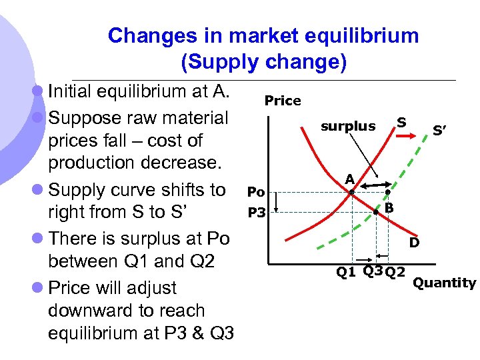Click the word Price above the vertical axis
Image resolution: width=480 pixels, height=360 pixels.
tap(283, 101)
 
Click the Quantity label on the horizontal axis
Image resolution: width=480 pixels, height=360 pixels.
tap(445, 283)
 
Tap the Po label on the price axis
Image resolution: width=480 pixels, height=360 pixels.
tap(257, 192)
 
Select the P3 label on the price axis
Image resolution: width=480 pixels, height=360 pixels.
tap(257, 213)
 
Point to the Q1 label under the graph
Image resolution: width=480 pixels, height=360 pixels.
tap(345, 272)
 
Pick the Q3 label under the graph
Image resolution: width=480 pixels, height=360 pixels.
tap(373, 270)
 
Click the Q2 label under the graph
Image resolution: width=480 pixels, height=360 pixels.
tap(395, 272)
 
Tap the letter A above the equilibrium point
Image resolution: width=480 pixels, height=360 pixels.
tap(349, 179)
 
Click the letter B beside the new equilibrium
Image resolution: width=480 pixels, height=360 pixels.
tap(389, 209)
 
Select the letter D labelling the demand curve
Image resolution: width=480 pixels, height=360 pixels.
tap(414, 243)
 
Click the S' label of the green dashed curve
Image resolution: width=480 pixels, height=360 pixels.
tap(439, 131)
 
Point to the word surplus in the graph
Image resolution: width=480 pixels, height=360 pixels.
tap(348, 126)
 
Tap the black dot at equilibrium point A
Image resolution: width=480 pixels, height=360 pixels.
tap(351, 192)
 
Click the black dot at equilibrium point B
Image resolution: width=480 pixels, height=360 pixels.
tap(377, 212)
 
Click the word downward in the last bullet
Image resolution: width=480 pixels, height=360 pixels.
tap(89, 311)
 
